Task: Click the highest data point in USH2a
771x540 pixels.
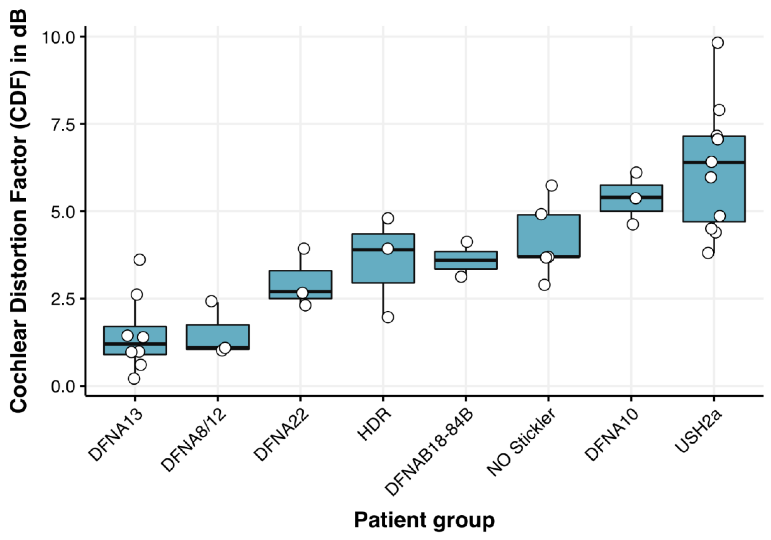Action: (717, 43)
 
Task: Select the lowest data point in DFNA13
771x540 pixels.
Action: (134, 379)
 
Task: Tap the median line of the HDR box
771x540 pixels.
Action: (383, 249)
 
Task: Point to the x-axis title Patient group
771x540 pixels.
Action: (424, 520)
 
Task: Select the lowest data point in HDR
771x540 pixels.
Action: (388, 317)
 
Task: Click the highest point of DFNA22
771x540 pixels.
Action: (304, 249)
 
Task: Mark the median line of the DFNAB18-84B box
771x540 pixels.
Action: (466, 260)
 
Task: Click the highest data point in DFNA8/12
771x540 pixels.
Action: (211, 301)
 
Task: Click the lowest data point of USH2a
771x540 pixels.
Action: (708, 253)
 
